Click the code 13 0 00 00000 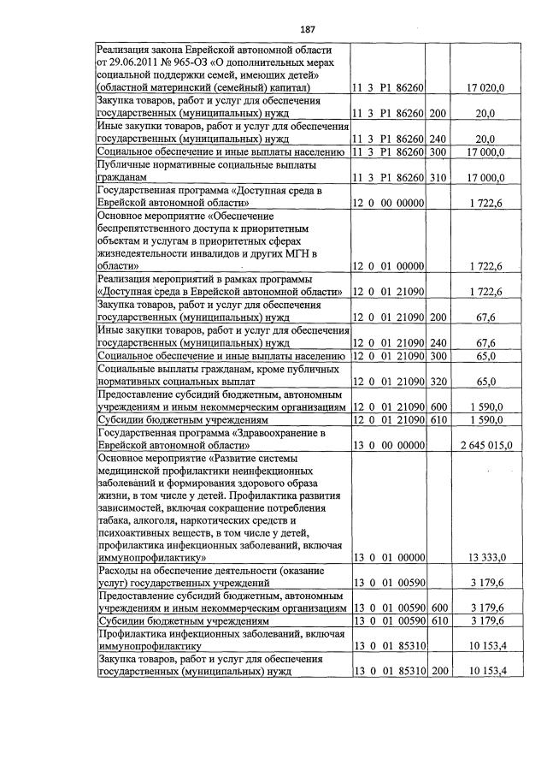[x=389, y=445]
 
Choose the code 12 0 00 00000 [x=389, y=205]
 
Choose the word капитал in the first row [x=268, y=88]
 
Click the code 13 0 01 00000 [x=389, y=558]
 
